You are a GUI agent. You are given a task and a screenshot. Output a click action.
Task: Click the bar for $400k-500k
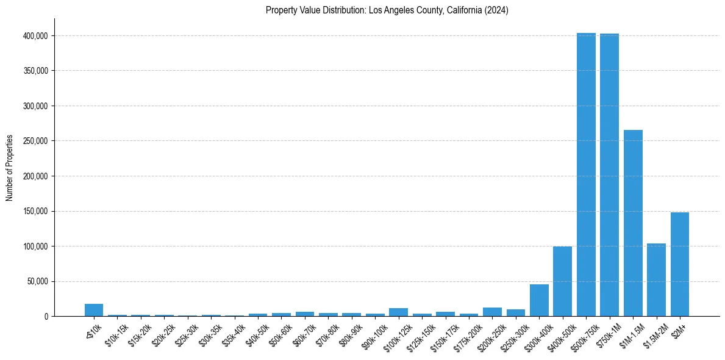tap(562, 281)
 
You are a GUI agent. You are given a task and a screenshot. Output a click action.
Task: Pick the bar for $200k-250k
tap(492, 312)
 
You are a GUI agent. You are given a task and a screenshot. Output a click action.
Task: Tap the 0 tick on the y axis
tap(46, 317)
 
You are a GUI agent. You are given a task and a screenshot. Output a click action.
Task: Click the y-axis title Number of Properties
tap(9, 168)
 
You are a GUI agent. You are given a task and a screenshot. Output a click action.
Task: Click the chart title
tap(387, 10)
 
